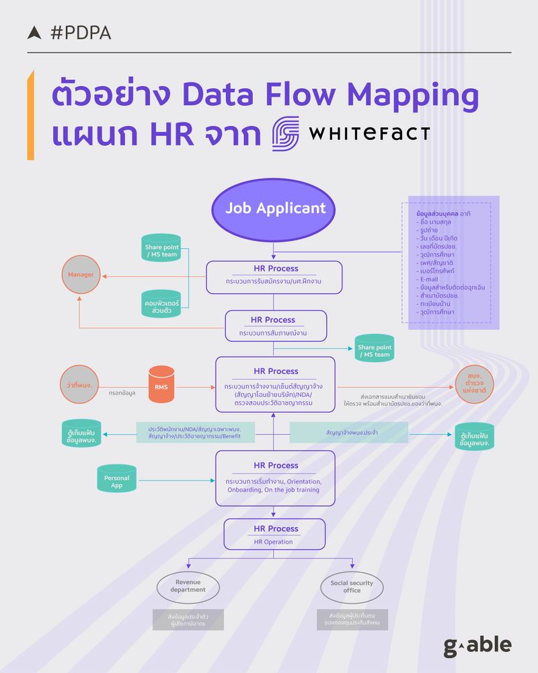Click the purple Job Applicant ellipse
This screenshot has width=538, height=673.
coord(275,208)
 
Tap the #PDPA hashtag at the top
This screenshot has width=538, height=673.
coord(80,32)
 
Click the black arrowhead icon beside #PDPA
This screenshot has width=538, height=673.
coord(34,32)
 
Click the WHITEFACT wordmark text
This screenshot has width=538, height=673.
coord(369,132)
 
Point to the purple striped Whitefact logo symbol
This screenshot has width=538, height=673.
coord(285,133)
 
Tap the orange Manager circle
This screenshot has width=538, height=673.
coord(81,275)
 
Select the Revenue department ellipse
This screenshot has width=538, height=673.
coord(188,586)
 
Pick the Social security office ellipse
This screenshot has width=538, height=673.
coord(352,586)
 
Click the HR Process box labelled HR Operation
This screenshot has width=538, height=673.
coord(275,534)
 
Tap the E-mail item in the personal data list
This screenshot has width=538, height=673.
coord(429,279)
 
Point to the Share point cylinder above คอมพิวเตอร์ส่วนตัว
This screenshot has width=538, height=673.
coord(161,250)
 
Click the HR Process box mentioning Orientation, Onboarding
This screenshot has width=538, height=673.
coord(275,478)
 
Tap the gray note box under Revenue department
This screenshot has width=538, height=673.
coord(188,619)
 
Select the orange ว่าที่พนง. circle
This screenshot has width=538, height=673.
coord(81,386)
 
